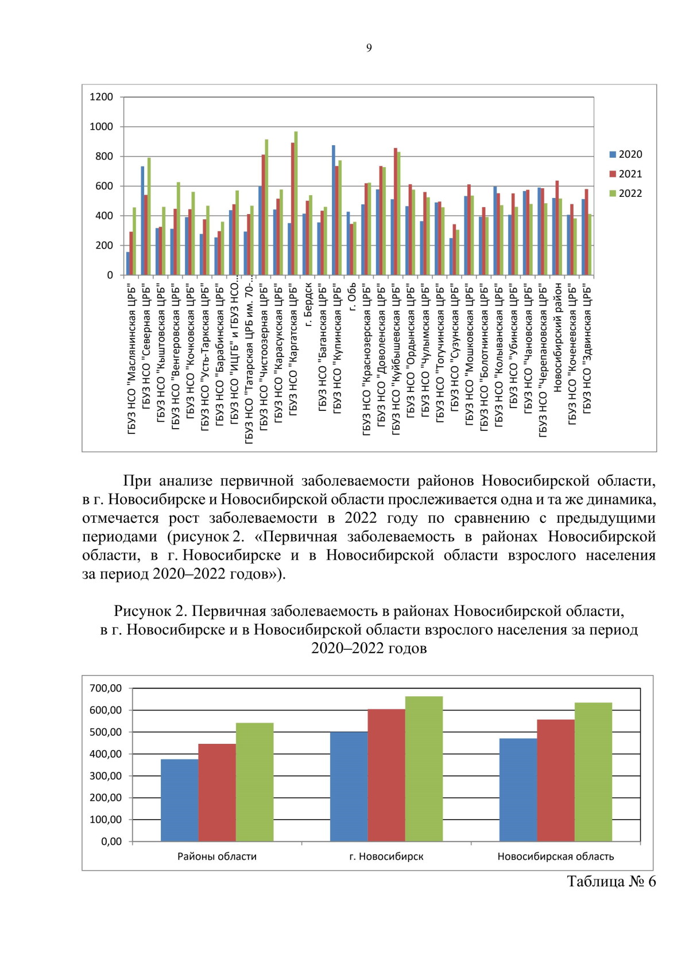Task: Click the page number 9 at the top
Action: click(369, 48)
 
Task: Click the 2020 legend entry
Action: click(626, 154)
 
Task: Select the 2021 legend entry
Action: click(626, 174)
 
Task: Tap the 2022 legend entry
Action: click(626, 193)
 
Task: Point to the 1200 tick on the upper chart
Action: click(102, 97)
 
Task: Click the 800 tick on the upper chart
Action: click(104, 156)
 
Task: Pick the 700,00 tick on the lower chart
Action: click(106, 688)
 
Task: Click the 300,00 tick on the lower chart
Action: click(106, 776)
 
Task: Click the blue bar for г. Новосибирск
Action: click(349, 786)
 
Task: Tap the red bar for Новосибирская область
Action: click(555, 781)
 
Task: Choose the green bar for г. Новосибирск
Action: click(424, 769)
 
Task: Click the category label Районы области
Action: click(216, 857)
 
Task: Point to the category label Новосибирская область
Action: click(555, 857)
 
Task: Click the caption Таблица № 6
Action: click(611, 882)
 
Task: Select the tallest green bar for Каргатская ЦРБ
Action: click(296, 203)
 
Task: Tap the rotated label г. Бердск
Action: click(308, 305)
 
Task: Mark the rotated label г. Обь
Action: click(353, 296)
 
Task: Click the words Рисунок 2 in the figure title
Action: click(150, 611)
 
